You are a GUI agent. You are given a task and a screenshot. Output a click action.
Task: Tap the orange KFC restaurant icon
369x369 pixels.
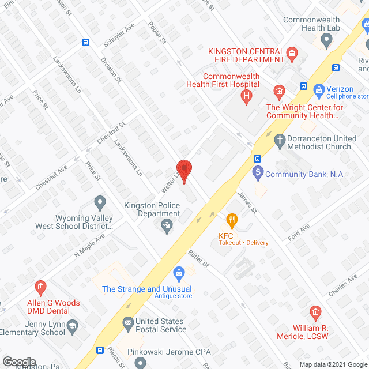232,219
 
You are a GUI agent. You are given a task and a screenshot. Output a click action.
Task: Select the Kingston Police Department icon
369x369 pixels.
167,225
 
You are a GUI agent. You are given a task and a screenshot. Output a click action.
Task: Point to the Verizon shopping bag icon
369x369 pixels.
318,90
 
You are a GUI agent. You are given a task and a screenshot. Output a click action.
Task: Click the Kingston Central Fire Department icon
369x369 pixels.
292,55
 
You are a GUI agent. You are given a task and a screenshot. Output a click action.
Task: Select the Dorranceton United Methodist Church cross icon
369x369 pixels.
280,140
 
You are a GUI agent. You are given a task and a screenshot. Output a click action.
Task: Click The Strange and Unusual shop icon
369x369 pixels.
179,272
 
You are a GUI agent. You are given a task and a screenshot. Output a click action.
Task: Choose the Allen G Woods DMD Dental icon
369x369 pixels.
40,287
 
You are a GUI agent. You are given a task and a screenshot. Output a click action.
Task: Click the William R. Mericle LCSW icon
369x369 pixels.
315,314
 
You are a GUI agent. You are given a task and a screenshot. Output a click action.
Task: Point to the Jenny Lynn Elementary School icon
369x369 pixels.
72,327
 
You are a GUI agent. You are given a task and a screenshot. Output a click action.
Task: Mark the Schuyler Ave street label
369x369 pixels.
119,35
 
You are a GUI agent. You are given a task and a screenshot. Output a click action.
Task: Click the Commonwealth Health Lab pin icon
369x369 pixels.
327,40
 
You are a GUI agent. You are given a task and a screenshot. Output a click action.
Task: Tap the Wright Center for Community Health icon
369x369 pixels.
278,92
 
